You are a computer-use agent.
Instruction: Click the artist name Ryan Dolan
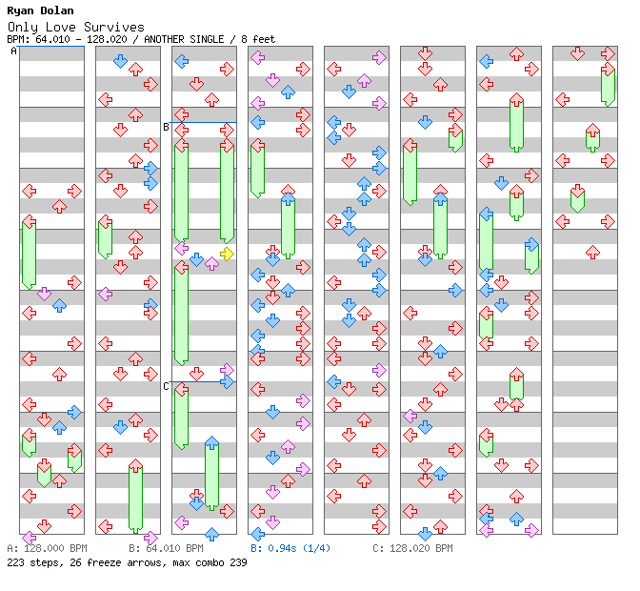click(38, 10)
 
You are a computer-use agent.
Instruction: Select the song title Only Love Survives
click(75, 27)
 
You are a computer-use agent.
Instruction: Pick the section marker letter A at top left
click(13, 51)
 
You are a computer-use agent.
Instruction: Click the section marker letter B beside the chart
click(166, 127)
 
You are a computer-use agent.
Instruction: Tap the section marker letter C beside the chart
click(166, 386)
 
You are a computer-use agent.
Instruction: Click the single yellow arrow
click(227, 254)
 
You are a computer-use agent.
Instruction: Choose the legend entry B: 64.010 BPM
click(166, 549)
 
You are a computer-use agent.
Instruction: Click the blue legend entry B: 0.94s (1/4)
click(290, 549)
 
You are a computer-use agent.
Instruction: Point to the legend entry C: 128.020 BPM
click(412, 549)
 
